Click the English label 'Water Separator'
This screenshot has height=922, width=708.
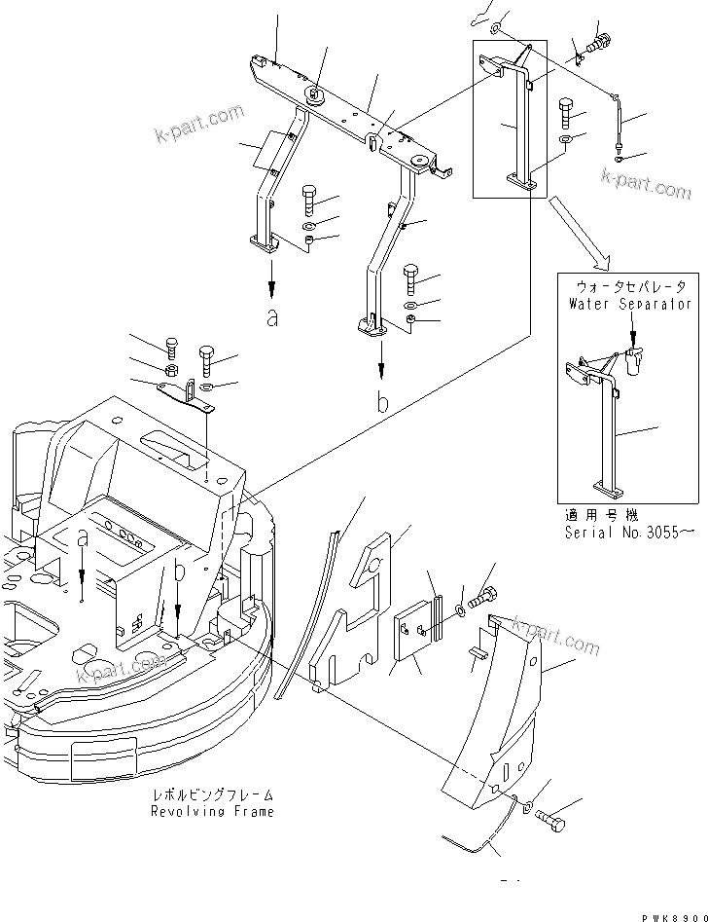coord(629,304)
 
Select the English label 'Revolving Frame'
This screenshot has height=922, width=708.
coord(212,811)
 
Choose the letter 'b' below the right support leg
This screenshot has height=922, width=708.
coord(383,402)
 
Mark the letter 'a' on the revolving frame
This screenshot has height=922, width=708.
coord(83,537)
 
